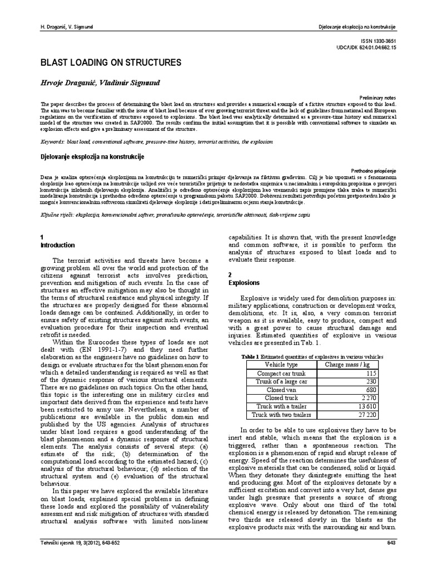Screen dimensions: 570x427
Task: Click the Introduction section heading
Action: [x=58, y=245]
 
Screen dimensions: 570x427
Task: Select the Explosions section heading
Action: [x=244, y=283]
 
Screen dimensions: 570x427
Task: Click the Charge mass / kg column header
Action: [x=347, y=364]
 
